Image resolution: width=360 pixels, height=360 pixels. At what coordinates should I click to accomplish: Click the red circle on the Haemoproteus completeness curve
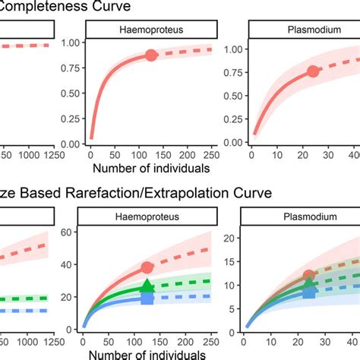[x=151, y=55]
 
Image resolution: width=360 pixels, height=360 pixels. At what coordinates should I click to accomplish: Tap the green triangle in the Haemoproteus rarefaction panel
[x=147, y=286]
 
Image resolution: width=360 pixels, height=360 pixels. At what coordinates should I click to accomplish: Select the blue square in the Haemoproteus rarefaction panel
[x=147, y=298]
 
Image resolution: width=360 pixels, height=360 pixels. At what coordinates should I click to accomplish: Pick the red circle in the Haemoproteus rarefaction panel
[x=147, y=267]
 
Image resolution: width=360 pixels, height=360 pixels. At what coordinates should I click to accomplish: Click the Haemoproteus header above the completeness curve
[x=151, y=28]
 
